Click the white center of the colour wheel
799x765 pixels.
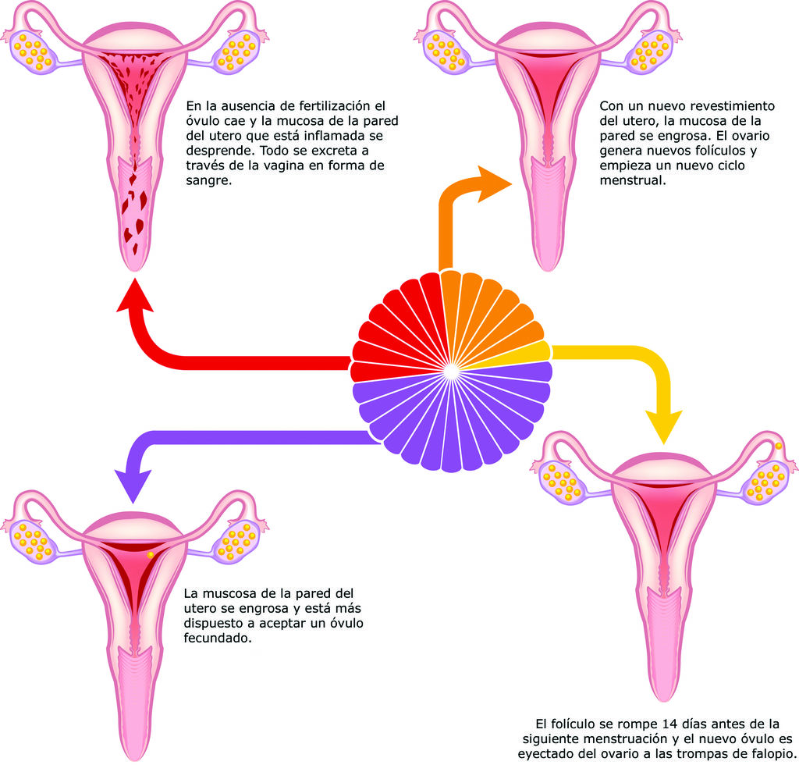[451, 372]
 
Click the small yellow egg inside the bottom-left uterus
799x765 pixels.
[151, 555]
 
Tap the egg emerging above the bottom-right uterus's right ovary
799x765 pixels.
[778, 446]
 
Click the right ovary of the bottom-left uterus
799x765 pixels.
[238, 541]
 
